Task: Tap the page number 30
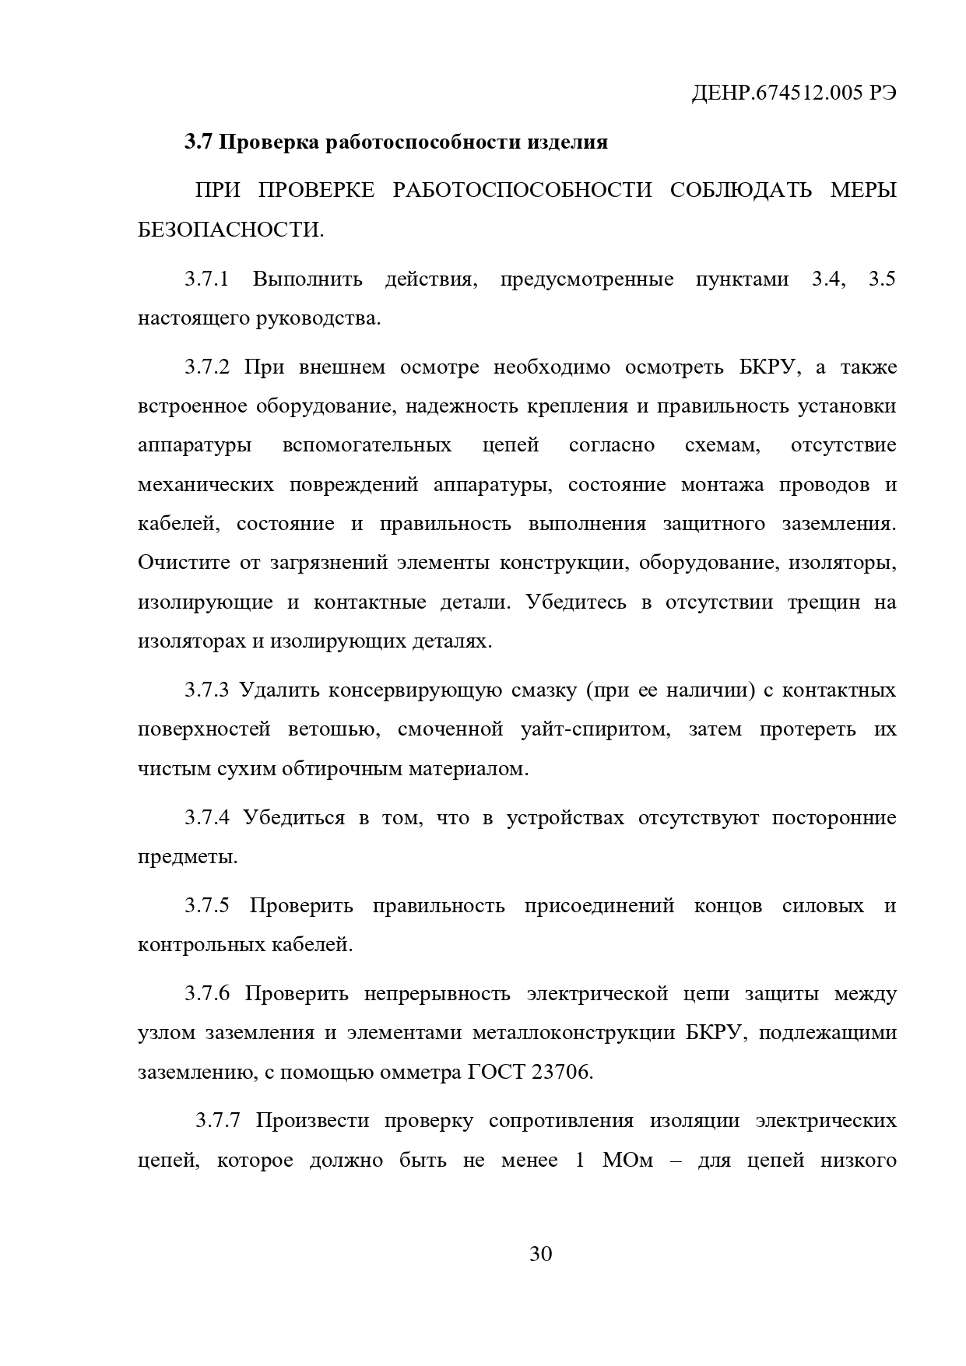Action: tap(540, 1254)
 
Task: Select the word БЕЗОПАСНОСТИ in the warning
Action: tap(230, 230)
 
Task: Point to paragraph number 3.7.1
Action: tap(206, 279)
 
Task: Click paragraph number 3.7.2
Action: tap(206, 367)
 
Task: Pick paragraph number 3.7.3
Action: tap(206, 690)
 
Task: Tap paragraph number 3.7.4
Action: tap(206, 818)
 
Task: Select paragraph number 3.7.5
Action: tap(206, 906)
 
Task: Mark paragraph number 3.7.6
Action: tap(206, 994)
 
